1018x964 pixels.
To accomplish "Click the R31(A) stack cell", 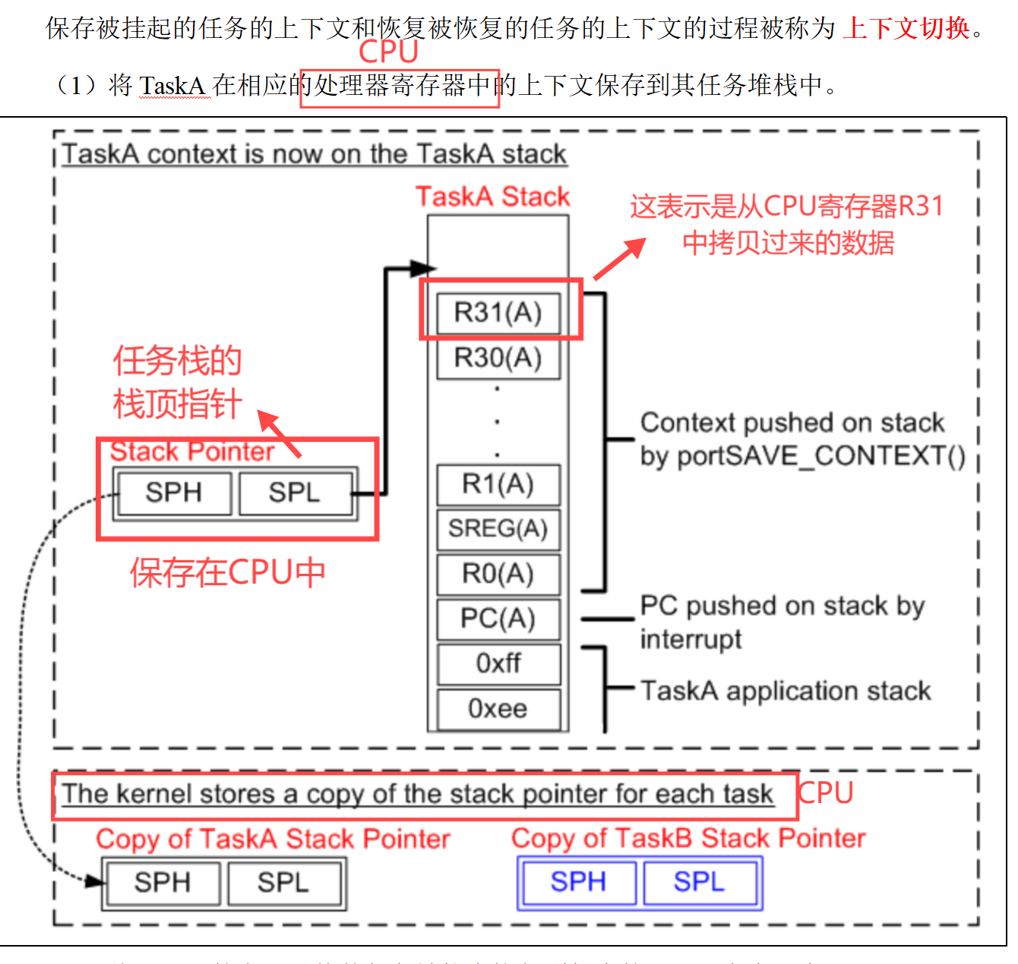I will [x=498, y=313].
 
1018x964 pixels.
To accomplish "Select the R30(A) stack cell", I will [x=498, y=358].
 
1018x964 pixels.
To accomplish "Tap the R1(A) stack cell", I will [x=498, y=484].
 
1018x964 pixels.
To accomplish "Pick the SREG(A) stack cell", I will [x=498, y=528].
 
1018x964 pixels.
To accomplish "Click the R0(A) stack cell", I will [x=498, y=574].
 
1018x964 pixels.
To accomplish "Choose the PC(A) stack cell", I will [x=498, y=619].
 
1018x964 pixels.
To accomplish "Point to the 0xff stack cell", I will [x=498, y=663].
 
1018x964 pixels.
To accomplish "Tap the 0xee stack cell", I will [x=498, y=709].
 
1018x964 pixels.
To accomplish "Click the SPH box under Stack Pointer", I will [x=174, y=493].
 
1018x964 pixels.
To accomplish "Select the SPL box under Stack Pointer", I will [x=295, y=493].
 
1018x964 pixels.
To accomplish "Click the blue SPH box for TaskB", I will [x=578, y=882].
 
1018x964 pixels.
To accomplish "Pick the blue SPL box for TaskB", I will [x=699, y=882].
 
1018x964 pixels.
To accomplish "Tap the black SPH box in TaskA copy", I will [x=163, y=883].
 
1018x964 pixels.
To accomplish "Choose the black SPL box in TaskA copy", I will [x=283, y=883].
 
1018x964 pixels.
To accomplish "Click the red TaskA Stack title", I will [x=492, y=197].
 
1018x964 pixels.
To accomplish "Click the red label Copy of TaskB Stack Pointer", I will [x=688, y=838].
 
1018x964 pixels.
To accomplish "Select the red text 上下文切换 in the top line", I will [x=906, y=28].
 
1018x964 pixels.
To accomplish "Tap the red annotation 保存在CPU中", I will [x=227, y=572].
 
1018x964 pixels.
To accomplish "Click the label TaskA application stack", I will [x=786, y=691].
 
